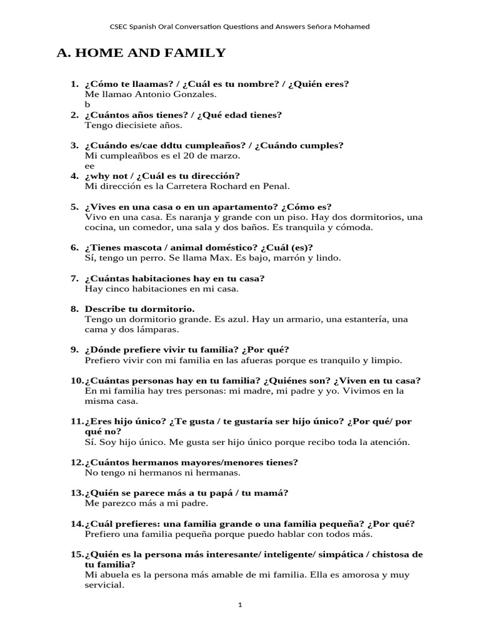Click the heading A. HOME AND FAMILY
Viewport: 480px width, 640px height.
(x=141, y=53)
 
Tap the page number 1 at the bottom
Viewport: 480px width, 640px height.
(x=240, y=604)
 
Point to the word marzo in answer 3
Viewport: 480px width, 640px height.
(x=227, y=156)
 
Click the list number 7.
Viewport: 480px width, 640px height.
(x=74, y=279)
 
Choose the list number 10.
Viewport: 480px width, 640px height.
(x=76, y=381)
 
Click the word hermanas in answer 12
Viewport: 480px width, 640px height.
(x=195, y=473)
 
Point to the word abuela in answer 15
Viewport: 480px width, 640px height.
(x=114, y=575)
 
